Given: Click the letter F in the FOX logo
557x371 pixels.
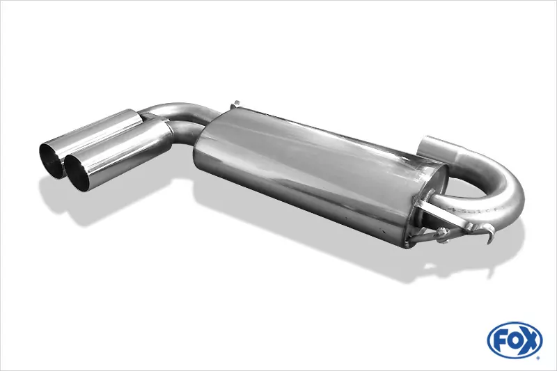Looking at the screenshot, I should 501,342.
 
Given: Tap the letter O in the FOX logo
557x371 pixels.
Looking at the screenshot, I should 516,342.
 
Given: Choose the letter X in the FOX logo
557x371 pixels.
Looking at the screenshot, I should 533,342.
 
